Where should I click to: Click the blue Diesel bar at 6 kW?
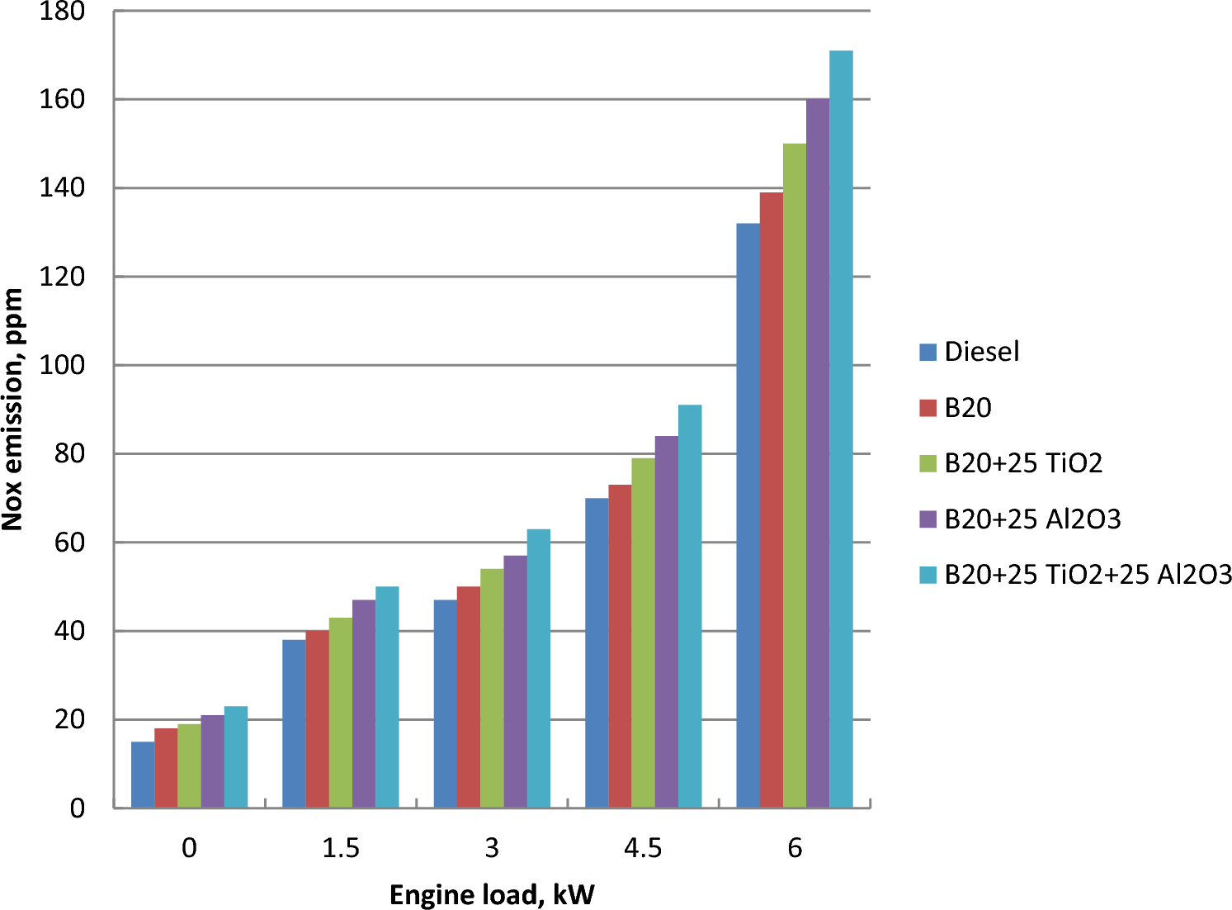[x=748, y=515]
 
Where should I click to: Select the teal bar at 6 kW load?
[x=841, y=429]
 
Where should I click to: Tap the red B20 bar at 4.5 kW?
[x=620, y=646]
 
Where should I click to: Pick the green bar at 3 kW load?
[x=492, y=688]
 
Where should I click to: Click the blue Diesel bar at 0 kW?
[x=143, y=775]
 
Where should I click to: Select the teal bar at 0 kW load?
[x=236, y=756]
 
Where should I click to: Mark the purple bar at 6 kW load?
[x=818, y=453]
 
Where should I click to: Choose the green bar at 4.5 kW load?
[x=643, y=633]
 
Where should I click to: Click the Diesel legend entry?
[x=981, y=352]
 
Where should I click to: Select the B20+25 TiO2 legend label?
[x=1023, y=463]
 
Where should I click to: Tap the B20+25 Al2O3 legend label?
[x=1032, y=519]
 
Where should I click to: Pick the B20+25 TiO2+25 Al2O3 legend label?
[x=1088, y=574]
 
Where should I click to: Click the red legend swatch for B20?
[x=928, y=408]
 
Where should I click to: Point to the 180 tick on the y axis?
[x=62, y=12]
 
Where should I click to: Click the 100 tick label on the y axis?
[x=62, y=365]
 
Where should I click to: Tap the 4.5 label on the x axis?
[x=643, y=848]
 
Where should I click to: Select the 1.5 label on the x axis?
[x=341, y=848]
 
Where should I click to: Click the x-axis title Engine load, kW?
[x=492, y=895]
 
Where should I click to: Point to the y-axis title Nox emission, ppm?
[x=13, y=409]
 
